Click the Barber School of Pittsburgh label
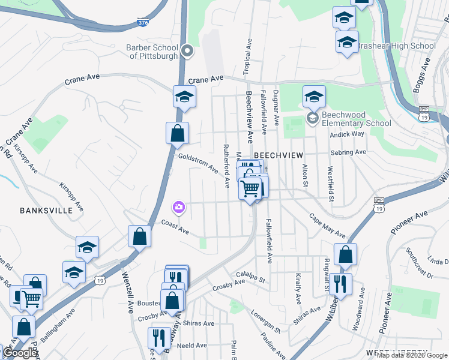pos(152,52)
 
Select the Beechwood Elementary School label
pos(356,119)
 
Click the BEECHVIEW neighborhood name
pos(276,155)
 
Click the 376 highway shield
pos(143,23)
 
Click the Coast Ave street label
pos(175,227)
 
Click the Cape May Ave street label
pos(327,226)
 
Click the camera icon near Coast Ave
pos(179,208)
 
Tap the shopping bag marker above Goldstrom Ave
pos(178,133)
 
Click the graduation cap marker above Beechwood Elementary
pos(315,96)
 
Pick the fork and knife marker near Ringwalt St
pos(340,284)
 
